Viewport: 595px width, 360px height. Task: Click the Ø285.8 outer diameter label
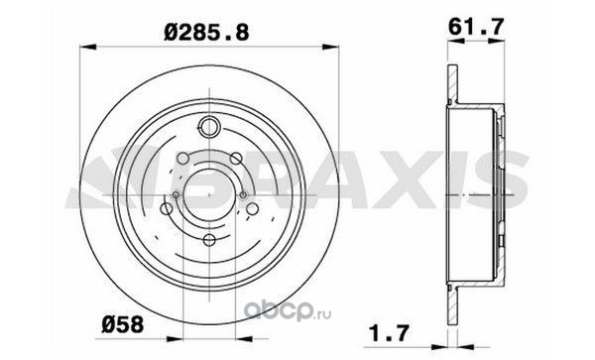[207, 32]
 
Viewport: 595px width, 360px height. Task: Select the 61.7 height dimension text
[476, 27]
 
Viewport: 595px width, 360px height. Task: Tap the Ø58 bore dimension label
[123, 324]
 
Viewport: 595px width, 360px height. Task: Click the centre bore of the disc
[209, 194]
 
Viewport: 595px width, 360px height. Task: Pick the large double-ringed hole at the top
[209, 126]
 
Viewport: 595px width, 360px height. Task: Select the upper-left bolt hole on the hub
[183, 158]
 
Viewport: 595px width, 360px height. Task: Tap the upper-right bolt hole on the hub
[236, 158]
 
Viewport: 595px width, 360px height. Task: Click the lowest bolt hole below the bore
[209, 240]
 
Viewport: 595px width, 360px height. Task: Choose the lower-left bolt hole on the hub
[167, 208]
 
